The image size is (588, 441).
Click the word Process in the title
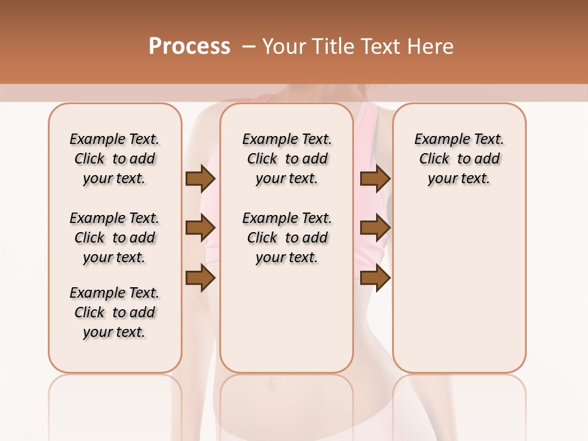[x=189, y=46]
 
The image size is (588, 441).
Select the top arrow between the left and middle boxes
[x=200, y=179]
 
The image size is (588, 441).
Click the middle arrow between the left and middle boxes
[x=200, y=228]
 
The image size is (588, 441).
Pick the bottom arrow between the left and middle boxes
[x=200, y=278]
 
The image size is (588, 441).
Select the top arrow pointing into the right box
[x=375, y=179]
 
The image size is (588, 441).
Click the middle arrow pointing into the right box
[x=375, y=228]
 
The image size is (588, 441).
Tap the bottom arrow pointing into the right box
[x=375, y=278]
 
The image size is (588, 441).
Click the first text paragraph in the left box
[x=115, y=159]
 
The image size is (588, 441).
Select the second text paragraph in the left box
[x=115, y=238]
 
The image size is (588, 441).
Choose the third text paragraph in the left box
[x=115, y=312]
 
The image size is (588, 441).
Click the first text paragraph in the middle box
[x=287, y=159]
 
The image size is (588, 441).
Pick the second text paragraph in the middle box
[x=287, y=238]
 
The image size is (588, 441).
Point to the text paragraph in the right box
[x=459, y=159]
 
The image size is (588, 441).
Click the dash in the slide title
[x=249, y=47]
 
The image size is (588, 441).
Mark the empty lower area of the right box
[x=459, y=288]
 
